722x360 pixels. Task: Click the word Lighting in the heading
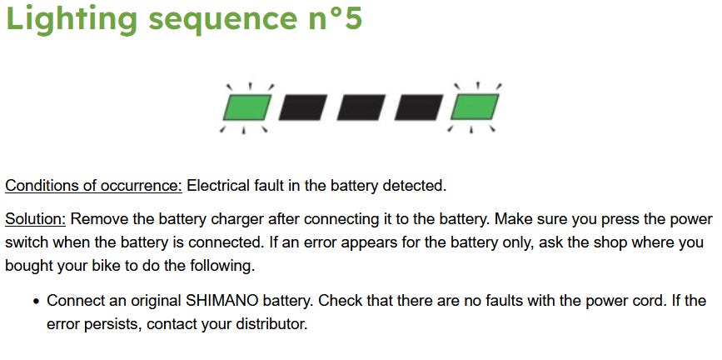point(72,19)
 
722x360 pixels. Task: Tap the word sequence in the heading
point(223,19)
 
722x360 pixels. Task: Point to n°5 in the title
point(336,17)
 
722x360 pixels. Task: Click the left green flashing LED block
point(246,107)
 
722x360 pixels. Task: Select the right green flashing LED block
point(475,107)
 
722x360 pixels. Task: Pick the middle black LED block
point(361,107)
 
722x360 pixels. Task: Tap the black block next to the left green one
point(303,107)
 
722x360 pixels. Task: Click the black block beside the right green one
point(419,107)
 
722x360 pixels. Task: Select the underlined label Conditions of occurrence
point(94,186)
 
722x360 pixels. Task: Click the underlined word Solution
point(36,219)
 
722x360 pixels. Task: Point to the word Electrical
point(218,186)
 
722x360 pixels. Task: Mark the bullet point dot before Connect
point(37,302)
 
